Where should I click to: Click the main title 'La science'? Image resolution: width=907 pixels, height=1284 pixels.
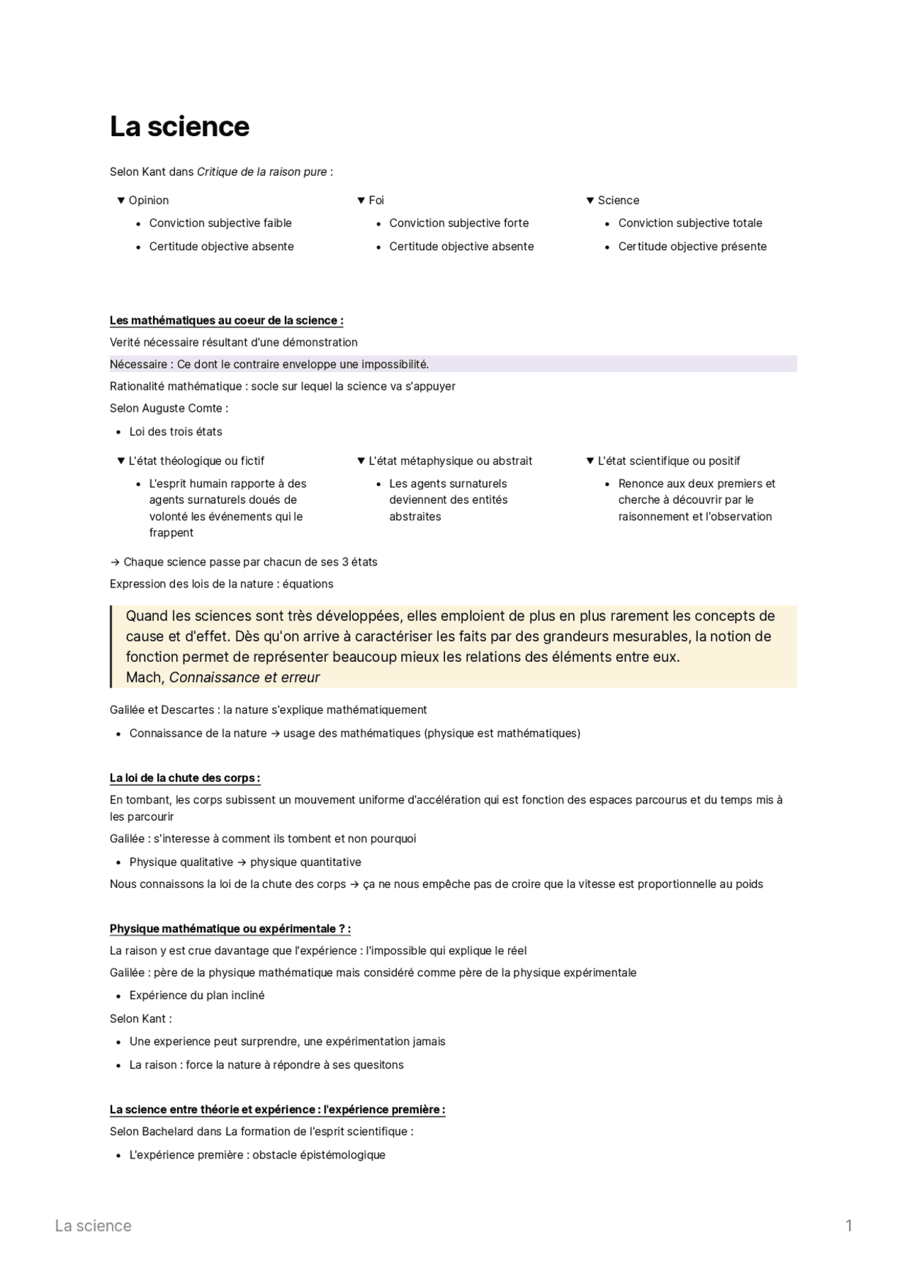pos(179,127)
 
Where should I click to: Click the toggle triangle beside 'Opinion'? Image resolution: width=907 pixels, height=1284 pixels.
pos(121,201)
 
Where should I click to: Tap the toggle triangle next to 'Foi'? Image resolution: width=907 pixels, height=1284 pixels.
pos(361,201)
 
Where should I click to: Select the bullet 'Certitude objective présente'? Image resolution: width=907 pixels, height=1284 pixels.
pos(692,247)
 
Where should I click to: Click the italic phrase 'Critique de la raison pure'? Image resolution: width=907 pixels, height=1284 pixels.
pos(261,171)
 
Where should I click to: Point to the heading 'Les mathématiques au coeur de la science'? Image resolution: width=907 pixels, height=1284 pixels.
pos(226,320)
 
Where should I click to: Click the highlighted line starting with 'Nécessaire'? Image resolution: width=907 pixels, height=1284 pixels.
pos(269,364)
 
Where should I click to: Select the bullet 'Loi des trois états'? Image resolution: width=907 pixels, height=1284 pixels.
pos(176,432)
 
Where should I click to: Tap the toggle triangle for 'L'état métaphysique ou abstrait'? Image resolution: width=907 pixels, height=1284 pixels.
pos(361,461)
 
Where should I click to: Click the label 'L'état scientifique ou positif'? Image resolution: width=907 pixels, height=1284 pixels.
pos(668,461)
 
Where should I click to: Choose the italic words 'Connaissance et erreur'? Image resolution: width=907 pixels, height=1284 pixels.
pos(244,677)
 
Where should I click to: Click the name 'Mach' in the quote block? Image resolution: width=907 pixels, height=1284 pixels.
pos(145,677)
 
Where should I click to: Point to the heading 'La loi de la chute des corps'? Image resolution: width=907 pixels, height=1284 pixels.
pos(184,778)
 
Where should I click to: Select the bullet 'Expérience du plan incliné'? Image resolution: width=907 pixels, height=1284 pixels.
pos(197,996)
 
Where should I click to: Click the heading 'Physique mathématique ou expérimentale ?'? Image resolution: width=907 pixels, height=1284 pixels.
pos(230,929)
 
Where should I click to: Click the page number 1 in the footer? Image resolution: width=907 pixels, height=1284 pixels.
pos(848,1226)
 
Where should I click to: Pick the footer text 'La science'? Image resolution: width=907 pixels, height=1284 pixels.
pos(93,1226)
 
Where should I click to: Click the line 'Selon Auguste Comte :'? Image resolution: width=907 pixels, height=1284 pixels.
pos(169,408)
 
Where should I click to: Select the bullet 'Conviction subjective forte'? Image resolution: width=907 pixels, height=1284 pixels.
pos(458,223)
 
